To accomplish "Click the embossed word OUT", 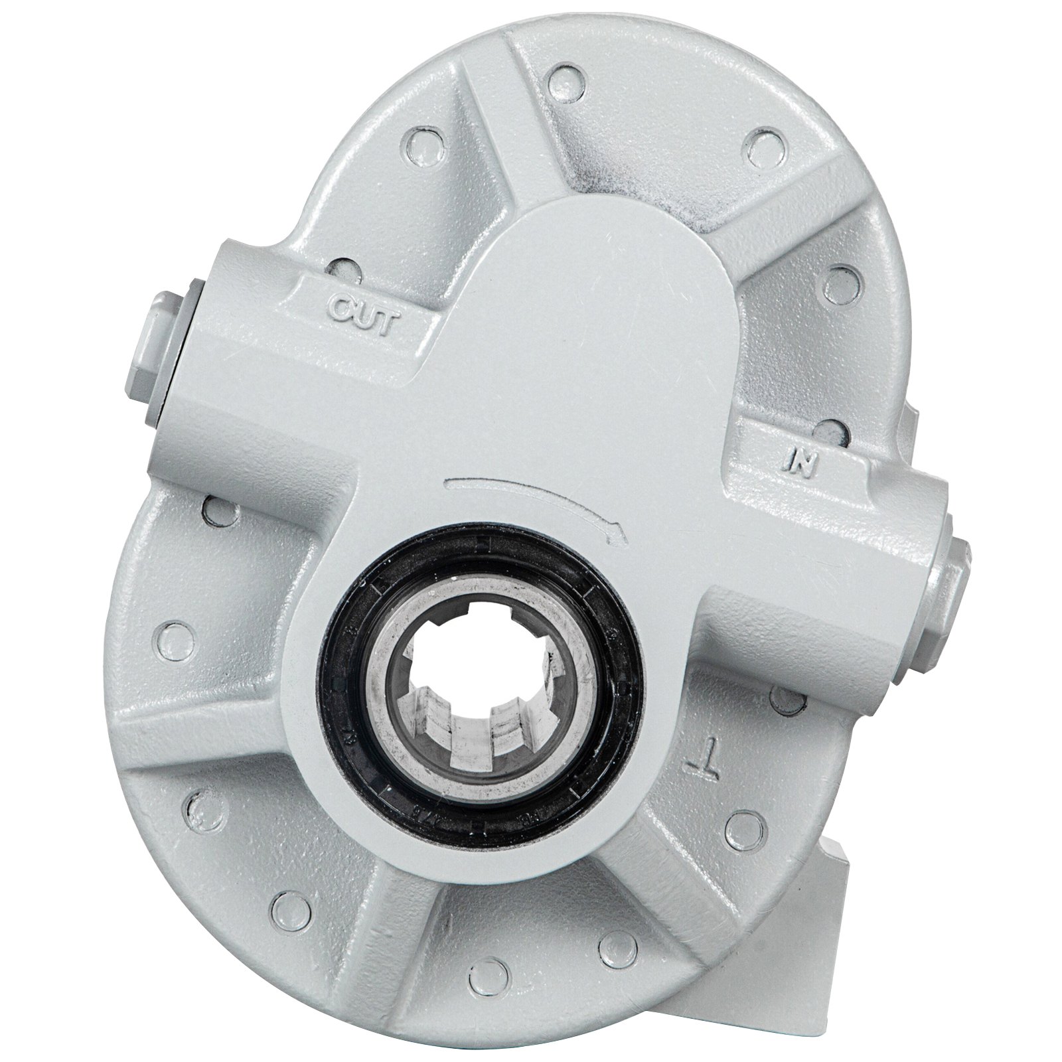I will (364, 309).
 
